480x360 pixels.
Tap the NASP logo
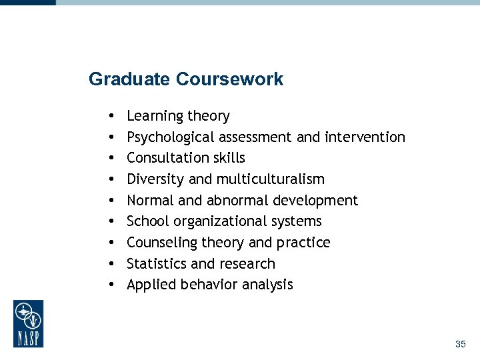pos(28,323)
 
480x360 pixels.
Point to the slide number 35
pos(460,344)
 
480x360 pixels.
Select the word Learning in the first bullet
pos(155,117)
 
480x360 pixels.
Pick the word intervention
pos(365,137)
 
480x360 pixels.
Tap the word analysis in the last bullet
pos(267,285)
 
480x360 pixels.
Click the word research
pos(248,263)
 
